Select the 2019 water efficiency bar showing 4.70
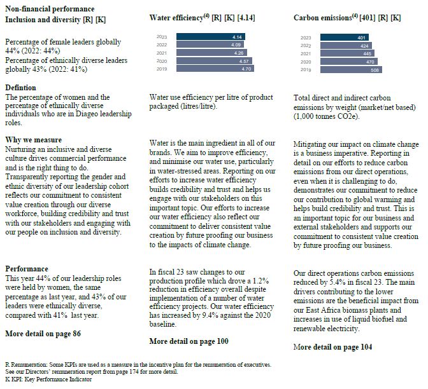click(x=214, y=69)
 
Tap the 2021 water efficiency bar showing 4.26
click(x=210, y=53)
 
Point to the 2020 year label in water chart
click(x=162, y=61)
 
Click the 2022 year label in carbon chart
click(x=306, y=46)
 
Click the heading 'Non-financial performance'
click(x=50, y=9)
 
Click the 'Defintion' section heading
click(x=21, y=88)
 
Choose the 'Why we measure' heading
click(x=33, y=140)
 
